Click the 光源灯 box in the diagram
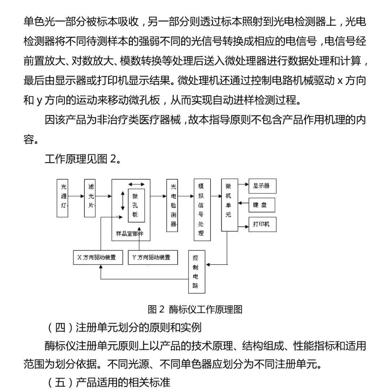[63, 198]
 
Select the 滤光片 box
[90, 198]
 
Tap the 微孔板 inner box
[136, 205]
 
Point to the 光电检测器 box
[172, 205]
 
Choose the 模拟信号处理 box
[201, 210]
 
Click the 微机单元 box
[229, 205]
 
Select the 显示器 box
[262, 186]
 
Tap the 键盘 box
[262, 205]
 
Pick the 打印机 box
[262, 224]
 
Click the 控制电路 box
[196, 272]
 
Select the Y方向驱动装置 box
[153, 258]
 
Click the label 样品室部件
[130, 233]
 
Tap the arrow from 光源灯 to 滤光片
[76, 197]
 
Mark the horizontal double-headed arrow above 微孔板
[136, 184]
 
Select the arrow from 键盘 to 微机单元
[243, 205]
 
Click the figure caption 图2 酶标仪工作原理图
[195, 309]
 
